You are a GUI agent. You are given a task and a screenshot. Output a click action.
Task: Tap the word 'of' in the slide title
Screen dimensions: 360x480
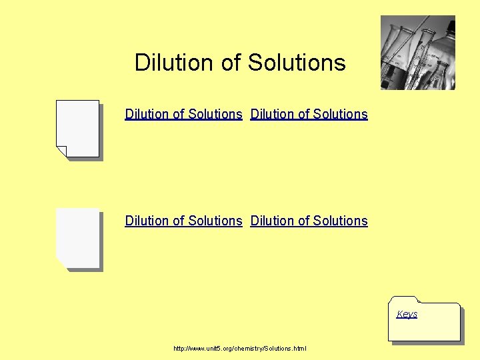pyautogui.click(x=231, y=63)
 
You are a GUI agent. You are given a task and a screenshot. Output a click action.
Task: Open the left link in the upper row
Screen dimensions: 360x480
pyautogui.click(x=183, y=114)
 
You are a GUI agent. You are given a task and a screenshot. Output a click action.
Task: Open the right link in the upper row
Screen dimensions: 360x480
pyautogui.click(x=309, y=114)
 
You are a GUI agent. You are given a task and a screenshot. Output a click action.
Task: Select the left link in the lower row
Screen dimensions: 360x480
pyautogui.click(x=183, y=221)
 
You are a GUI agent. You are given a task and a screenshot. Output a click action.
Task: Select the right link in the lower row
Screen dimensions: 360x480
pyautogui.click(x=309, y=221)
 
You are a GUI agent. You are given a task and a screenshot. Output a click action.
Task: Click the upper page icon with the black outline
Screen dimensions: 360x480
pyautogui.click(x=79, y=127)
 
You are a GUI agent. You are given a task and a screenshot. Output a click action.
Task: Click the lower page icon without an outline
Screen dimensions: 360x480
pyautogui.click(x=79, y=237)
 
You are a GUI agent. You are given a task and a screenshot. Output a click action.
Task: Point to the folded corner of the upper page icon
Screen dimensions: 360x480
pyautogui.click(x=61, y=151)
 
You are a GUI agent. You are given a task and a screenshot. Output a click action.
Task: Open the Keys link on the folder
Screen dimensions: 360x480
pyautogui.click(x=407, y=314)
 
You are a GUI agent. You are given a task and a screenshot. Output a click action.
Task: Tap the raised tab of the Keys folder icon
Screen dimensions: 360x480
pyautogui.click(x=405, y=299)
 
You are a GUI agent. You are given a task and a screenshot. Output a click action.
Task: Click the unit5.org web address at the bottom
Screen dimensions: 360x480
pyautogui.click(x=239, y=349)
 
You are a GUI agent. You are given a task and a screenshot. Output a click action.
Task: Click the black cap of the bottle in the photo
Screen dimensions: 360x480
pyautogui.click(x=448, y=26)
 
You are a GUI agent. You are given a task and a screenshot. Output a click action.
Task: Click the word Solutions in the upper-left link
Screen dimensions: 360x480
pyautogui.click(x=215, y=114)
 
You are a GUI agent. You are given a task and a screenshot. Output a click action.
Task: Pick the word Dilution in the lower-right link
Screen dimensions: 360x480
pyautogui.click(x=272, y=221)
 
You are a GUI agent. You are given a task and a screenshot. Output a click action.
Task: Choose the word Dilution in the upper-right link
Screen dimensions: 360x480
pyautogui.click(x=272, y=114)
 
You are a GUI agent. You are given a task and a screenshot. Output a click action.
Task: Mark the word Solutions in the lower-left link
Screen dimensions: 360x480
pyautogui.click(x=215, y=221)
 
